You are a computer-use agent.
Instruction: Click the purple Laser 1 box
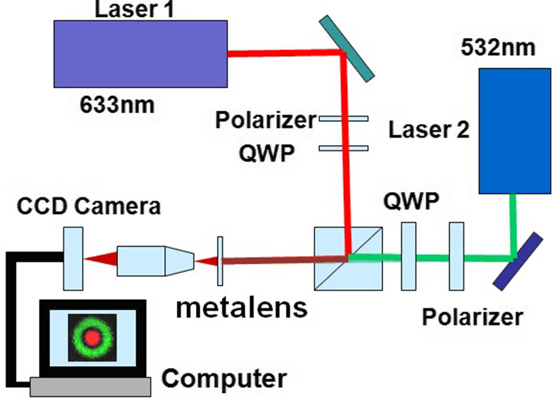(140, 53)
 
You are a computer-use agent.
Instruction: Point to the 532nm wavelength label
(498, 46)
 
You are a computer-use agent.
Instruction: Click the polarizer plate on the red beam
(344, 118)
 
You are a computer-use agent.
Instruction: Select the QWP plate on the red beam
(344, 148)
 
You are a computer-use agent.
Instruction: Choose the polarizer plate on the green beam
(457, 256)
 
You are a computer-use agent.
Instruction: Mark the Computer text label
(223, 378)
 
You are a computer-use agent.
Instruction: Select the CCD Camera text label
(88, 205)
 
